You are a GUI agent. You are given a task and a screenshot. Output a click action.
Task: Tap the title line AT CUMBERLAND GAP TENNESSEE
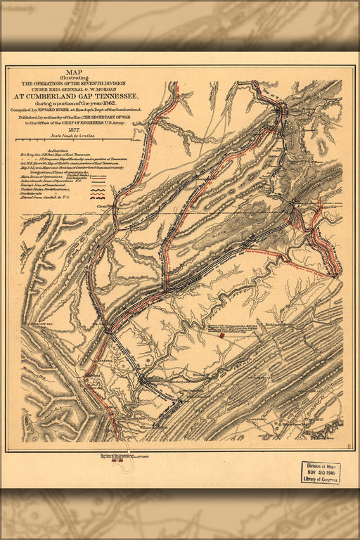[x=83, y=95]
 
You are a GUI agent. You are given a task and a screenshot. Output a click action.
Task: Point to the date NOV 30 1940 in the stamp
[x=320, y=472]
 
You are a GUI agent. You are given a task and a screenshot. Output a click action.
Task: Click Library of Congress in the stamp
[x=320, y=479]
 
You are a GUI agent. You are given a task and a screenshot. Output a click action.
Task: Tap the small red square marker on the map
[x=222, y=335]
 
